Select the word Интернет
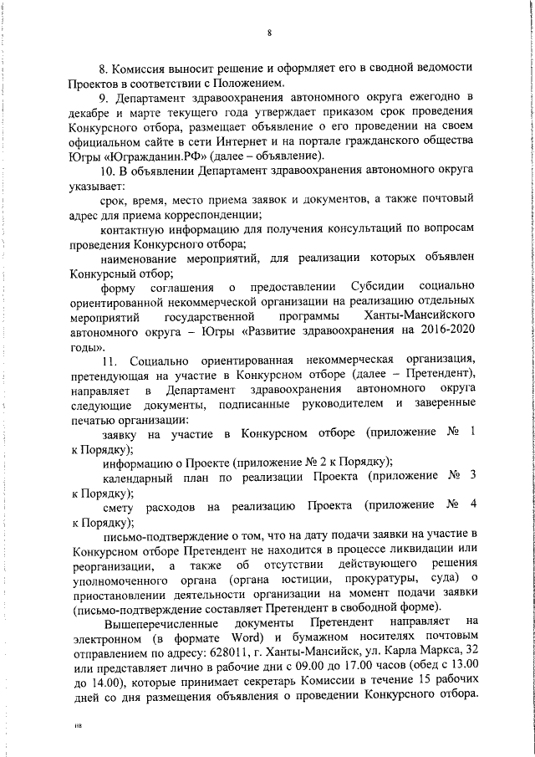(293, 141)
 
